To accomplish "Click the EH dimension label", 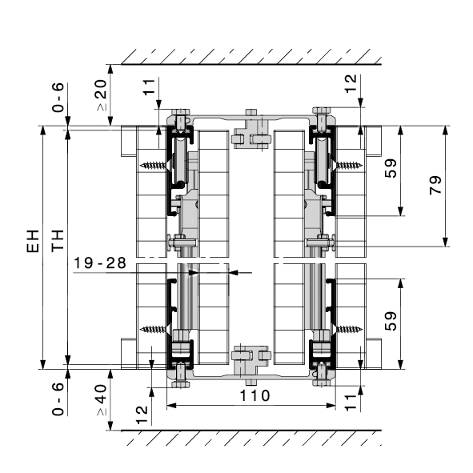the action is [x=33, y=241].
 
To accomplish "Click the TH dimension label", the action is [x=58, y=240].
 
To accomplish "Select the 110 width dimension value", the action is [x=255, y=395].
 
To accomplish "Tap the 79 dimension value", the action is [x=435, y=185].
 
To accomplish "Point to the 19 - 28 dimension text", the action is [x=100, y=263].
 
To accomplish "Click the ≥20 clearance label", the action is [x=102, y=95].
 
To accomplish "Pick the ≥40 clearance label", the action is [x=102, y=399].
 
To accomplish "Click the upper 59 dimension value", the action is [x=391, y=168].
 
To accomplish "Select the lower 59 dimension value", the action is [x=391, y=321].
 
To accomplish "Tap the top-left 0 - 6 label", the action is [x=58, y=97].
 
